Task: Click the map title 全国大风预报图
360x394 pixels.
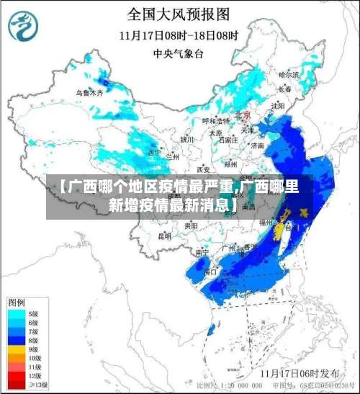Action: (179, 13)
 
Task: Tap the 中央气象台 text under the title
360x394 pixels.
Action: (179, 53)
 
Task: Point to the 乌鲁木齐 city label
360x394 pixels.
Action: (90, 93)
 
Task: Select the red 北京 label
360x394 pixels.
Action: (242, 115)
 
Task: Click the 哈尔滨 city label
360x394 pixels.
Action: (288, 74)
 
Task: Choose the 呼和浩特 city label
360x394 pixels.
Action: (215, 121)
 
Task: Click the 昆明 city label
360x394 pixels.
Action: (165, 236)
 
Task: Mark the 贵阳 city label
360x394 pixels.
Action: (191, 225)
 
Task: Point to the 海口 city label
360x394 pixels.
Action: (210, 272)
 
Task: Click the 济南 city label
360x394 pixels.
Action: (256, 145)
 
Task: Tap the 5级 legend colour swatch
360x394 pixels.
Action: (19, 314)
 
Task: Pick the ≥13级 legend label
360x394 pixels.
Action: (37, 385)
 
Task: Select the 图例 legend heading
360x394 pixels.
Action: (17, 301)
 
